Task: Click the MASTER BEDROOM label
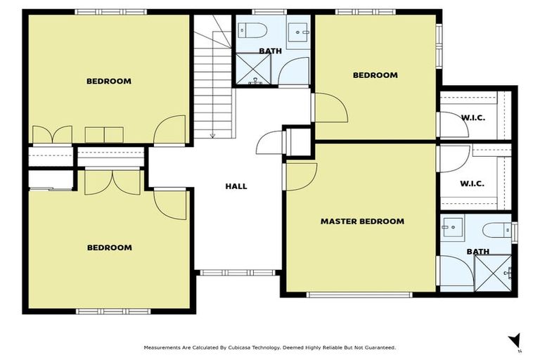tap(362, 221)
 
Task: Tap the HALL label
tap(236, 186)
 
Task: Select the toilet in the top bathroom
tap(252, 30)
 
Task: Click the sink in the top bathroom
tap(300, 30)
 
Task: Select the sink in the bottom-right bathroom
tap(454, 226)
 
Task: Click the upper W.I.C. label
tap(472, 117)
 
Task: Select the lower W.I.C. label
tap(472, 184)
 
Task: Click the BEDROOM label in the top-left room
tap(109, 81)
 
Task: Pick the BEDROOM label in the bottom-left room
tap(109, 247)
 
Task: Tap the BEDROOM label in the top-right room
tap(375, 75)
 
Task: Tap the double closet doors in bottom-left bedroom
tap(112, 181)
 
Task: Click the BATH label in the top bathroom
tap(270, 51)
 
